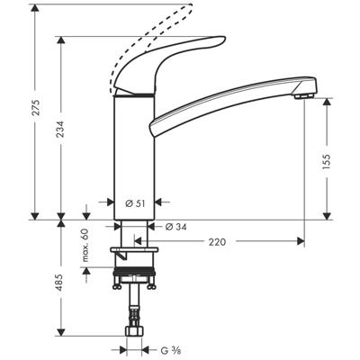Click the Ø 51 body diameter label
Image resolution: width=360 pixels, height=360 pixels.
tap(136, 202)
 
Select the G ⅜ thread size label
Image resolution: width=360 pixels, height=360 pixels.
tap(169, 350)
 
